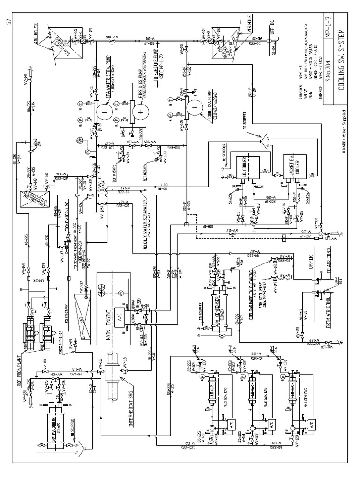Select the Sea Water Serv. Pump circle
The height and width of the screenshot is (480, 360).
coord(104,112)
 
